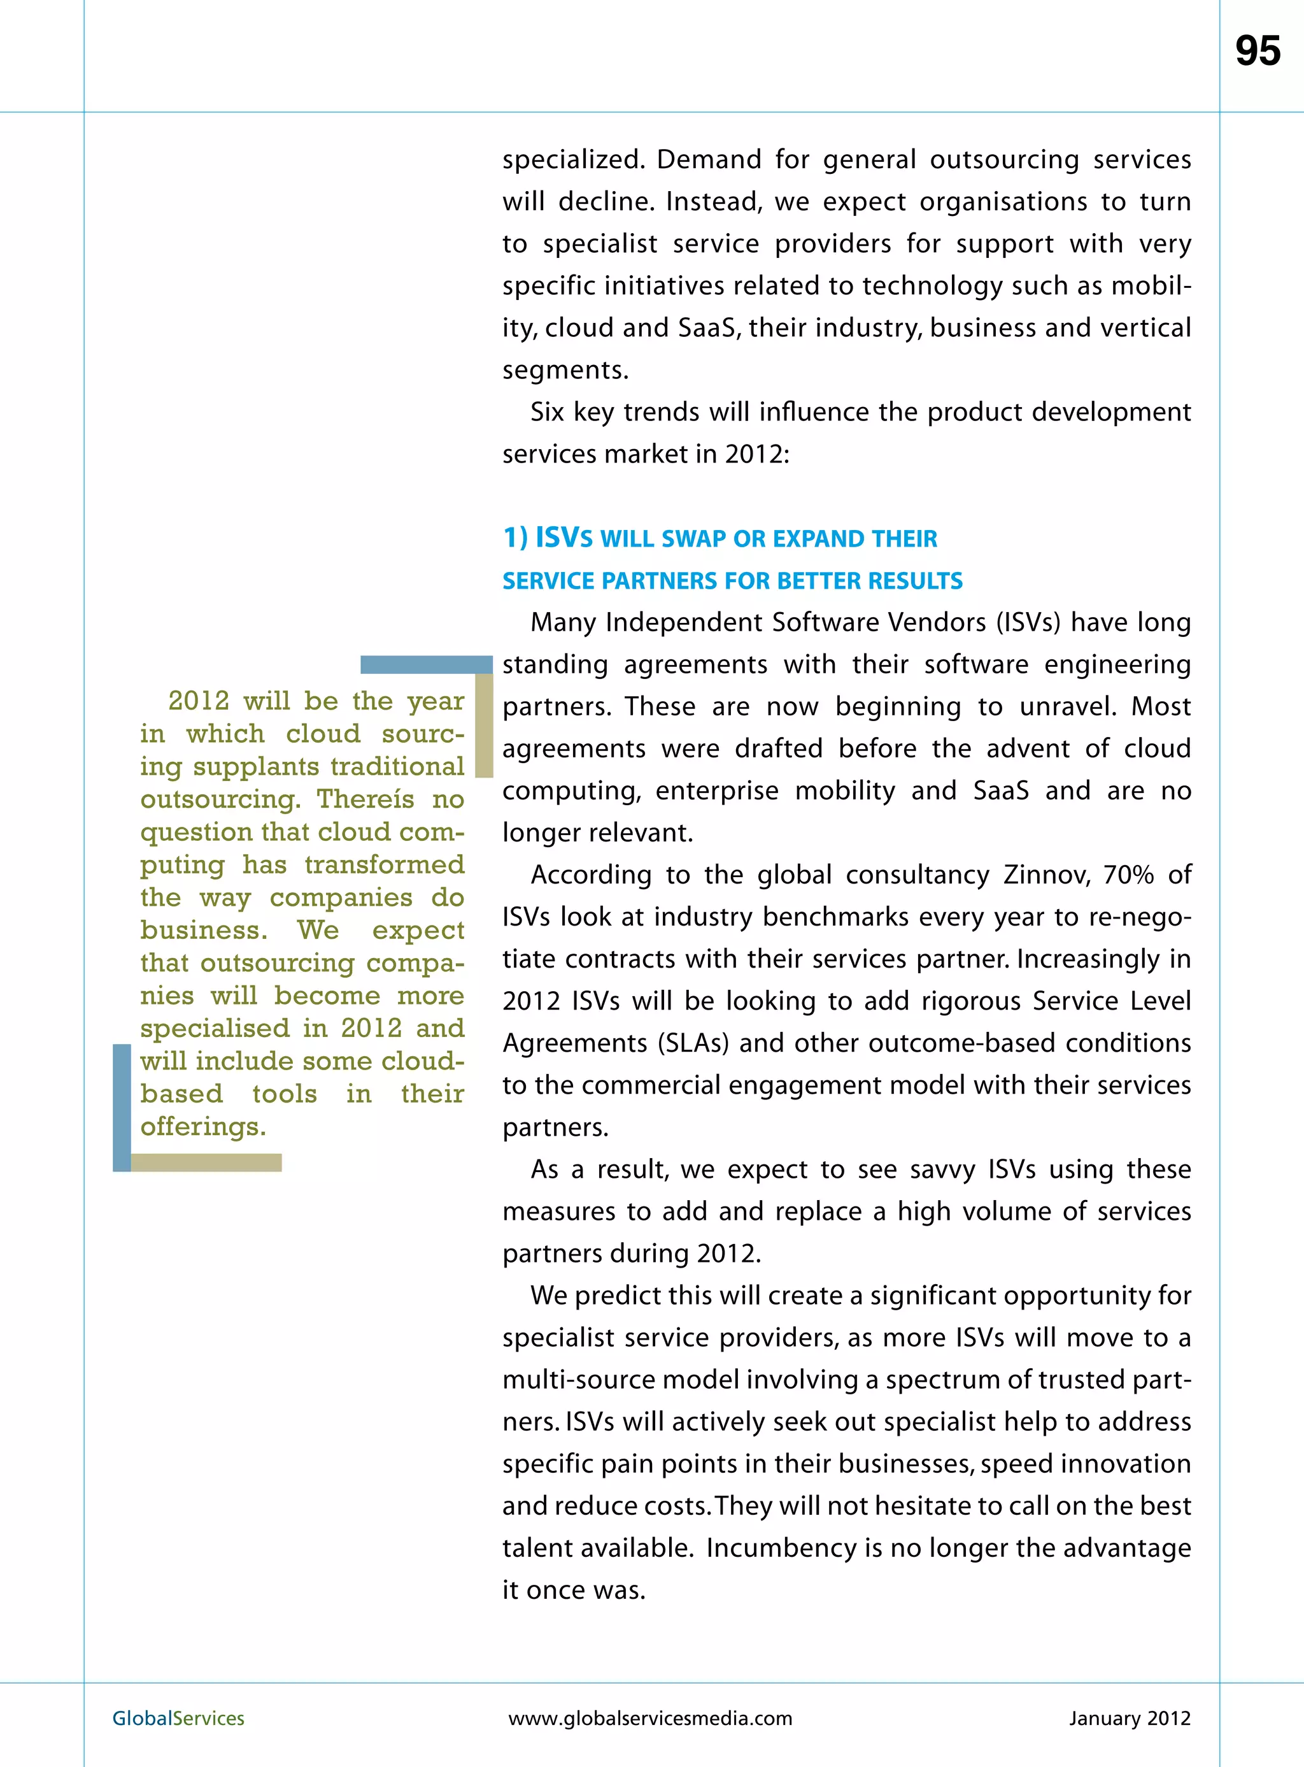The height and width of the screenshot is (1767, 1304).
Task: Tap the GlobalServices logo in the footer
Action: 178,1718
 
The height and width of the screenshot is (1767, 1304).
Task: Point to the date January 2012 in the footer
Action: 1129,1718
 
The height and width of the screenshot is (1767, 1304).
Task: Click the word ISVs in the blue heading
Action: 563,538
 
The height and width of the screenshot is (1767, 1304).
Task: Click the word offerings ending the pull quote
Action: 203,1127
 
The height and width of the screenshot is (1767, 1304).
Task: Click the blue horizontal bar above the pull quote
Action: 425,665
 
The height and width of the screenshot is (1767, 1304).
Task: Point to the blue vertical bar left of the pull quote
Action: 122,1107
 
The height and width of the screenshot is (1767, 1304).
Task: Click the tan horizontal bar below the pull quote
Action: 206,1162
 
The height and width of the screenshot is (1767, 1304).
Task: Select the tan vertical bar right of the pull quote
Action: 484,725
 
